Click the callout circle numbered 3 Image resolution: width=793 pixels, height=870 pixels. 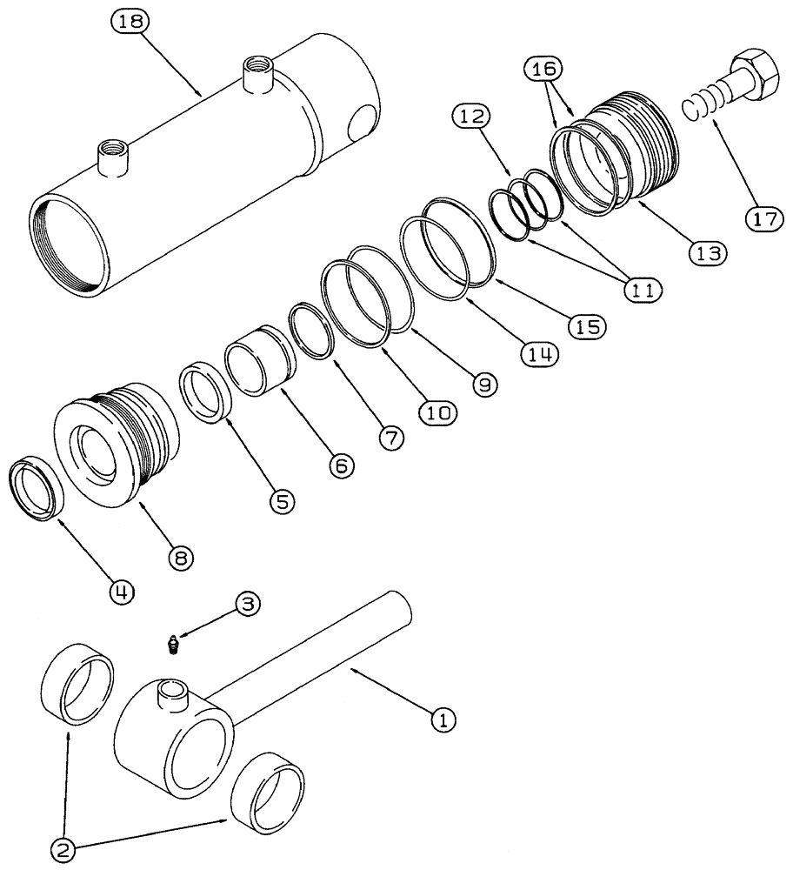click(x=247, y=605)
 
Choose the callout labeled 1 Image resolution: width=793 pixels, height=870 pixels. click(x=443, y=719)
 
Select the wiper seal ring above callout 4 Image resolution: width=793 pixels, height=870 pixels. click(x=37, y=491)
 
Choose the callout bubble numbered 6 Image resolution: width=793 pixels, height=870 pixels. click(x=341, y=465)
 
